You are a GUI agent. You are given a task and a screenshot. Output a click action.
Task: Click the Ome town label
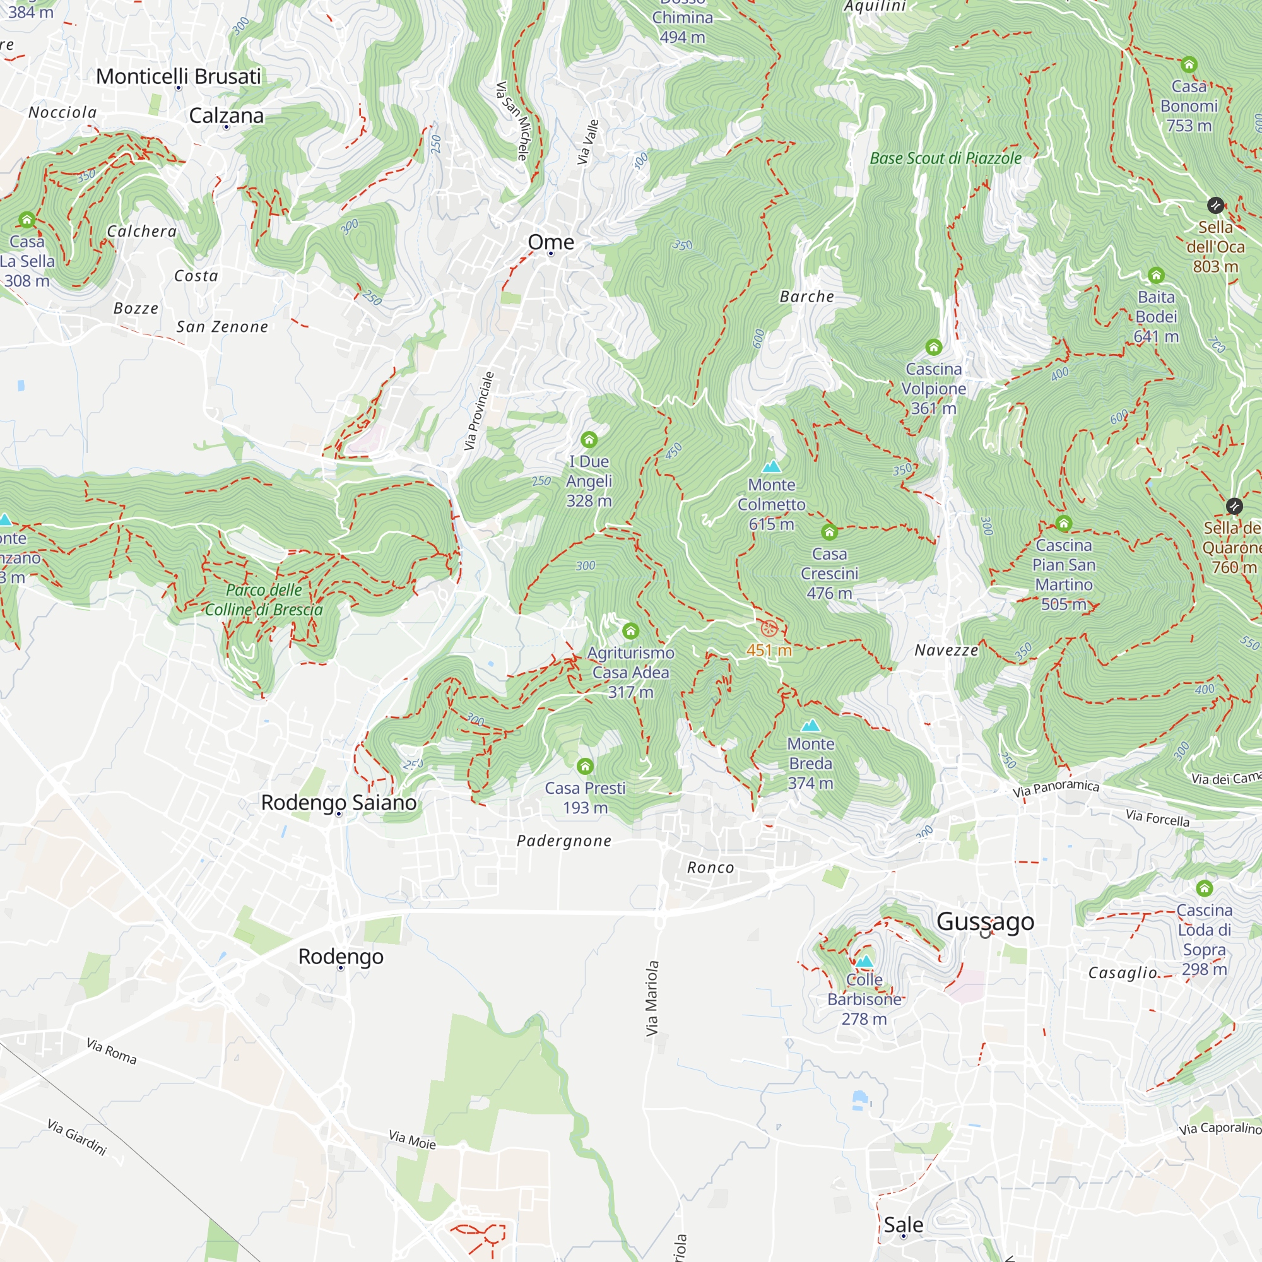pyautogui.click(x=551, y=242)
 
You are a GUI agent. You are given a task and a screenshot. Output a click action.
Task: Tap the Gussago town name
pyautogui.click(x=985, y=922)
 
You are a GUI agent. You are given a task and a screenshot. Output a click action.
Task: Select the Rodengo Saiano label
pyautogui.click(x=338, y=802)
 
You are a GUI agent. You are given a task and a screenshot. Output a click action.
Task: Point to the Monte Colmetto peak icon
pyautogui.click(x=772, y=466)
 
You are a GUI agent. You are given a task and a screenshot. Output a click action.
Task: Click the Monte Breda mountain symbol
pyautogui.click(x=810, y=726)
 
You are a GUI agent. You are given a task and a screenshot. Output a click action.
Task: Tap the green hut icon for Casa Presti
pyautogui.click(x=585, y=766)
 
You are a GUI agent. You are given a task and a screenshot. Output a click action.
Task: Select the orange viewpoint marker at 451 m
pyautogui.click(x=769, y=629)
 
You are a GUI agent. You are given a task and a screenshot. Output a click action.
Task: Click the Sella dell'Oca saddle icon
pyautogui.click(x=1215, y=206)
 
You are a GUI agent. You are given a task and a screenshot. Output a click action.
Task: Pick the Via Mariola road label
pyautogui.click(x=652, y=998)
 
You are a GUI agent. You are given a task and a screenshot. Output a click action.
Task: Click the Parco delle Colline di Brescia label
pyautogui.click(x=264, y=599)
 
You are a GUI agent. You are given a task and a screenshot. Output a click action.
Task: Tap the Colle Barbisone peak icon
pyautogui.click(x=864, y=962)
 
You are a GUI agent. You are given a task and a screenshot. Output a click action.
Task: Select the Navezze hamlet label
pyautogui.click(x=946, y=650)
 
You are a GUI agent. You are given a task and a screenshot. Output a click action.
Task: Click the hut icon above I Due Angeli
pyautogui.click(x=589, y=440)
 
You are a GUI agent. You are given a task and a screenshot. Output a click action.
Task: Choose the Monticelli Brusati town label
pyautogui.click(x=179, y=76)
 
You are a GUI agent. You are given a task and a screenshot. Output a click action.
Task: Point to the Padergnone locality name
pyautogui.click(x=563, y=840)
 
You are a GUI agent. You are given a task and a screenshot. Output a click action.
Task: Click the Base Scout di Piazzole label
pyautogui.click(x=945, y=158)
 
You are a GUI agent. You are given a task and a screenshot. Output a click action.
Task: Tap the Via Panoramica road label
pyautogui.click(x=1056, y=788)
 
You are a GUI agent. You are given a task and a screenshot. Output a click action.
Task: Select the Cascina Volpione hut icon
pyautogui.click(x=933, y=347)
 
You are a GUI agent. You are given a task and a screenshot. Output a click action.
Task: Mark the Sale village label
pyautogui.click(x=903, y=1225)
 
